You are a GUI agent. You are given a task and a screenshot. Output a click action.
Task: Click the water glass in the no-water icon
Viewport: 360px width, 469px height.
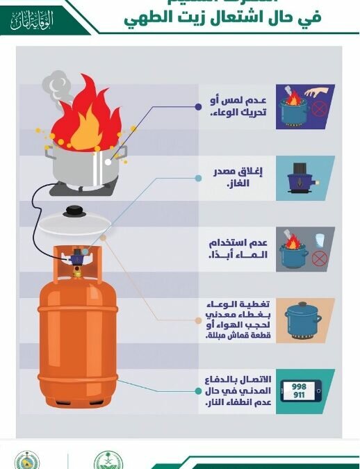click(x=320, y=240)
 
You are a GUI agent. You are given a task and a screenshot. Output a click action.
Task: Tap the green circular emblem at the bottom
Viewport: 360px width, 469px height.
click(x=108, y=460)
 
